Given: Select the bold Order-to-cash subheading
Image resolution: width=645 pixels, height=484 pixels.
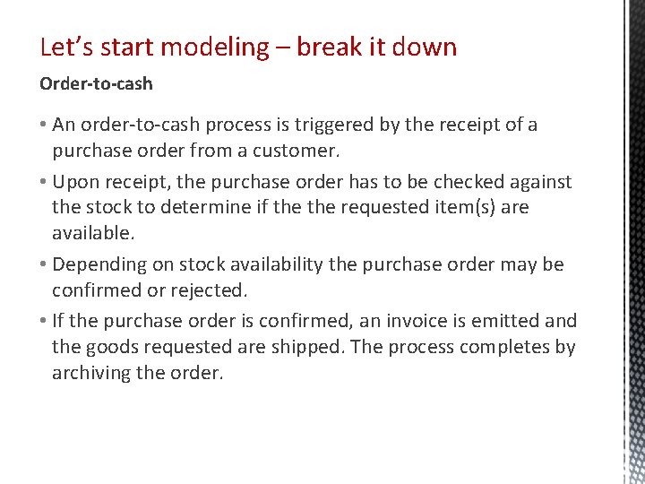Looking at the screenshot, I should pos(96,83).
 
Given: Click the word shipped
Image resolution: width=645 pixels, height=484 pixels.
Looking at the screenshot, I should pos(311,347).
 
